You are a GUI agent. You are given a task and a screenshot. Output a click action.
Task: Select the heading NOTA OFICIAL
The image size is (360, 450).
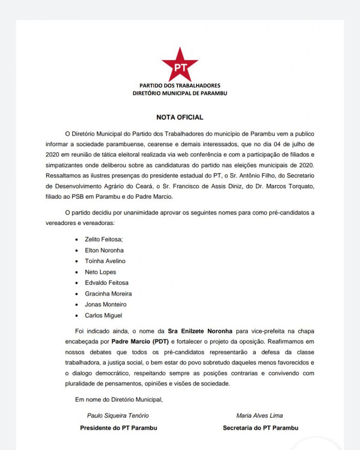(x=180, y=117)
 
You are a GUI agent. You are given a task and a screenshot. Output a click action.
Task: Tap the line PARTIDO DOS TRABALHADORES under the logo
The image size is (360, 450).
(x=180, y=86)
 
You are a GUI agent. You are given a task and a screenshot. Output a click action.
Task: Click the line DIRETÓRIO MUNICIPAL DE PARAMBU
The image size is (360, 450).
(x=180, y=93)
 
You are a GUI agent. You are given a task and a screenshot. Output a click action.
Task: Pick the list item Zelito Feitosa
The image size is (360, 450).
(x=104, y=239)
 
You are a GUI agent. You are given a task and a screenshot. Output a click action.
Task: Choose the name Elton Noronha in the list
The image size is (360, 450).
(x=104, y=250)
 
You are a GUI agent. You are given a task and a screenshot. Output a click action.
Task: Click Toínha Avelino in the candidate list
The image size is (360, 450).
(x=105, y=261)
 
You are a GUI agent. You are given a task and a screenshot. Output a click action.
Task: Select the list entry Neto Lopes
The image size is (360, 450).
(x=100, y=272)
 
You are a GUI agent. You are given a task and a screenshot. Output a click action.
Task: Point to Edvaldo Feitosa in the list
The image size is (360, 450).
(x=107, y=283)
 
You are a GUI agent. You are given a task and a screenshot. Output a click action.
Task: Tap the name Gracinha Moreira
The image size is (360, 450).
(x=108, y=294)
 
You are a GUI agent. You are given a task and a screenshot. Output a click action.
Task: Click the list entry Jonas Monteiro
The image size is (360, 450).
(x=106, y=304)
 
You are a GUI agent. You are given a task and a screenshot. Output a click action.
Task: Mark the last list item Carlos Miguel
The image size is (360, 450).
(x=103, y=315)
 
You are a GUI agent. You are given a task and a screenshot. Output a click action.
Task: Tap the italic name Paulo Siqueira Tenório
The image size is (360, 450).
(x=118, y=415)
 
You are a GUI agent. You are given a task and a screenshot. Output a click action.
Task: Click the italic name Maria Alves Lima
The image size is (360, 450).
(x=260, y=415)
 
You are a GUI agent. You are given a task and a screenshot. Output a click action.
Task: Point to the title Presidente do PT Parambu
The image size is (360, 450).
(x=118, y=428)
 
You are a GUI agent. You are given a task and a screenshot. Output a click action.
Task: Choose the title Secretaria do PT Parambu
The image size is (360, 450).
(x=260, y=428)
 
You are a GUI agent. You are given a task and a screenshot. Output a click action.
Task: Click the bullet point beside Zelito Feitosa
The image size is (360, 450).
(x=77, y=239)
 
